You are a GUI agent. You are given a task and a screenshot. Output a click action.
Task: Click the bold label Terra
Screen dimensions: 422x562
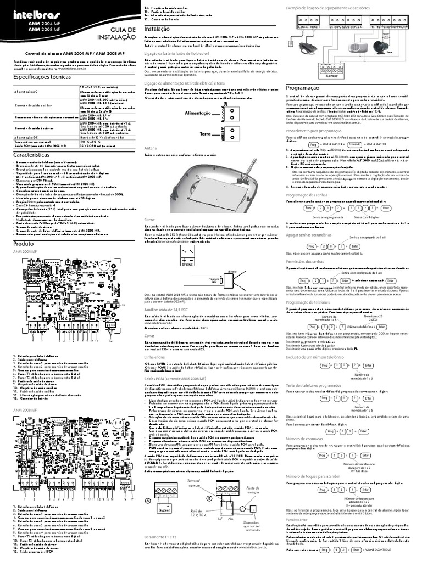206,134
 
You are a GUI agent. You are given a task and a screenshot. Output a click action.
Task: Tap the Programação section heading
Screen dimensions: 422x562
303,88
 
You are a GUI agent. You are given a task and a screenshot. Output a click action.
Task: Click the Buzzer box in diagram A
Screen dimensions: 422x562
164,510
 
